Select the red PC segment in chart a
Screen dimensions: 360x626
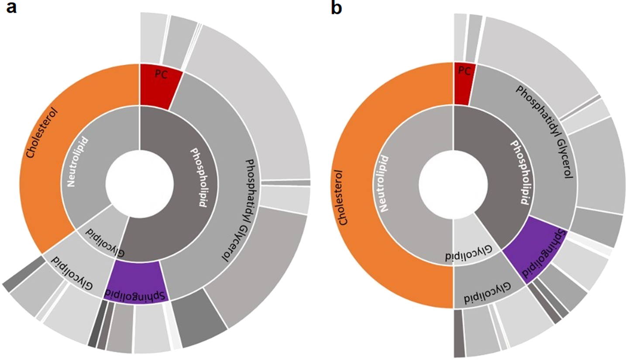click(x=160, y=86)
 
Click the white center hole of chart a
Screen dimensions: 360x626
click(x=139, y=184)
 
